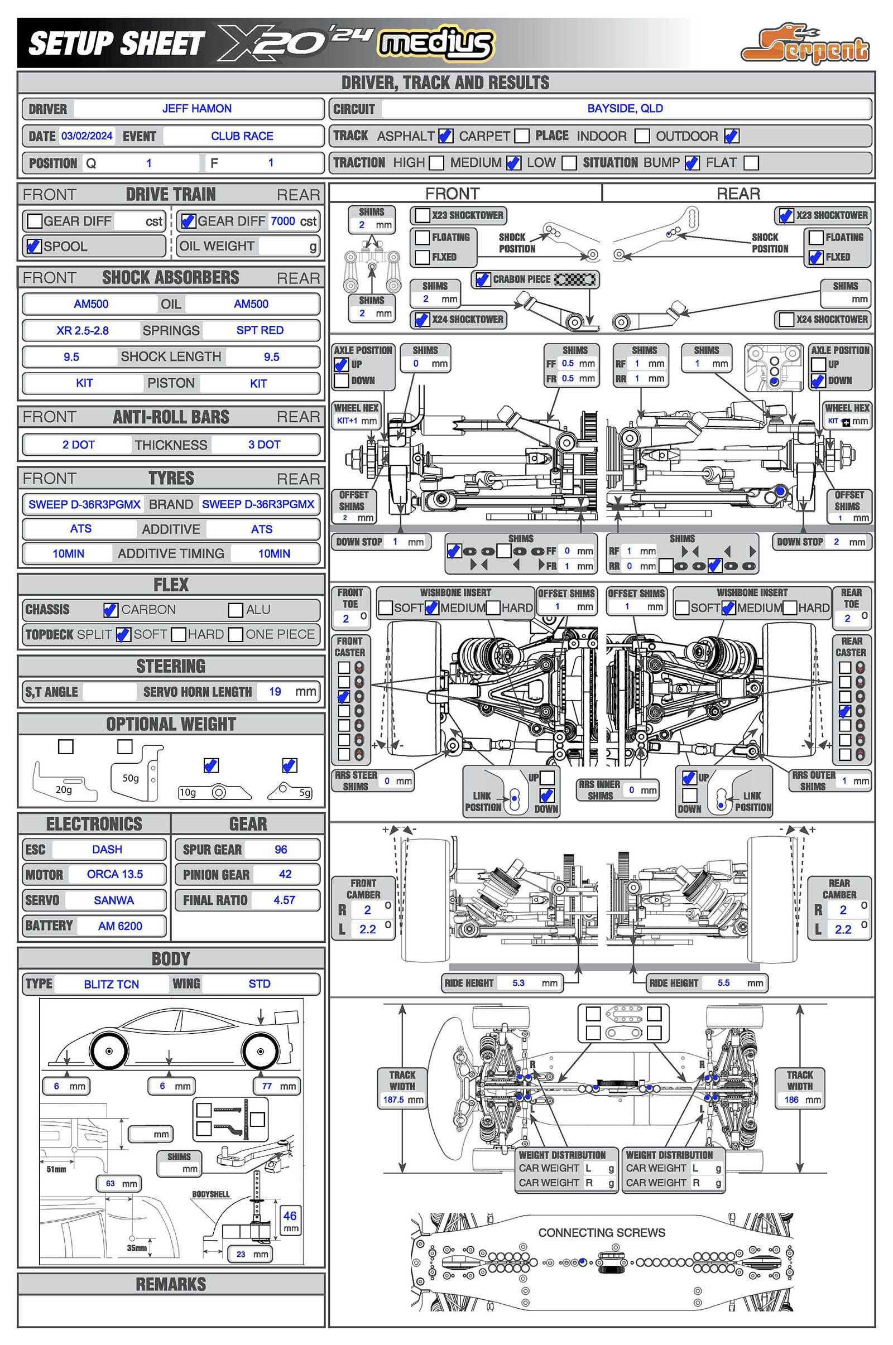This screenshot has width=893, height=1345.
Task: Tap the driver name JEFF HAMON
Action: tap(196, 109)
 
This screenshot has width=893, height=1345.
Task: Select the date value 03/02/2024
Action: tap(87, 136)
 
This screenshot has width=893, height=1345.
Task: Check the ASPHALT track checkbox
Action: tap(445, 136)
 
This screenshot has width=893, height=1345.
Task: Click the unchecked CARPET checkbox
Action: tap(521, 136)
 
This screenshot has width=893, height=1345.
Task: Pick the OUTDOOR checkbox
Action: tap(731, 136)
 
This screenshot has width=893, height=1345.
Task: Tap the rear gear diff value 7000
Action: tap(282, 221)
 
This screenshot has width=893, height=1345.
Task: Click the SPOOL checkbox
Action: tap(34, 247)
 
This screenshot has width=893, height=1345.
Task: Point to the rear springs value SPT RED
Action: tap(260, 331)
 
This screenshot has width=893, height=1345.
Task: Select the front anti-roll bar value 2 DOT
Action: tap(79, 445)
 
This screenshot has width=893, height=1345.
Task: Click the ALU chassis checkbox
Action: tap(235, 610)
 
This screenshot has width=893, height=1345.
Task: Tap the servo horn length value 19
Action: tap(275, 692)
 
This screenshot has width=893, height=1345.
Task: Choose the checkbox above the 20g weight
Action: tap(66, 747)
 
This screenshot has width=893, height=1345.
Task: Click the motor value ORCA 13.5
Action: tap(114, 874)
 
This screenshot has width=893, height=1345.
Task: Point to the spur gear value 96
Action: tap(281, 850)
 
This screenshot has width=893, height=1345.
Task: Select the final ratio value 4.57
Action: tap(284, 900)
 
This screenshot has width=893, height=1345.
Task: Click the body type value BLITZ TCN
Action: tap(111, 985)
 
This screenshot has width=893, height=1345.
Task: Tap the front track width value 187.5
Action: tap(393, 1100)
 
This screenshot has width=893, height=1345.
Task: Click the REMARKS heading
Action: tap(171, 1284)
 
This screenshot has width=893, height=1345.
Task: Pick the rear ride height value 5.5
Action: tap(723, 983)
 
